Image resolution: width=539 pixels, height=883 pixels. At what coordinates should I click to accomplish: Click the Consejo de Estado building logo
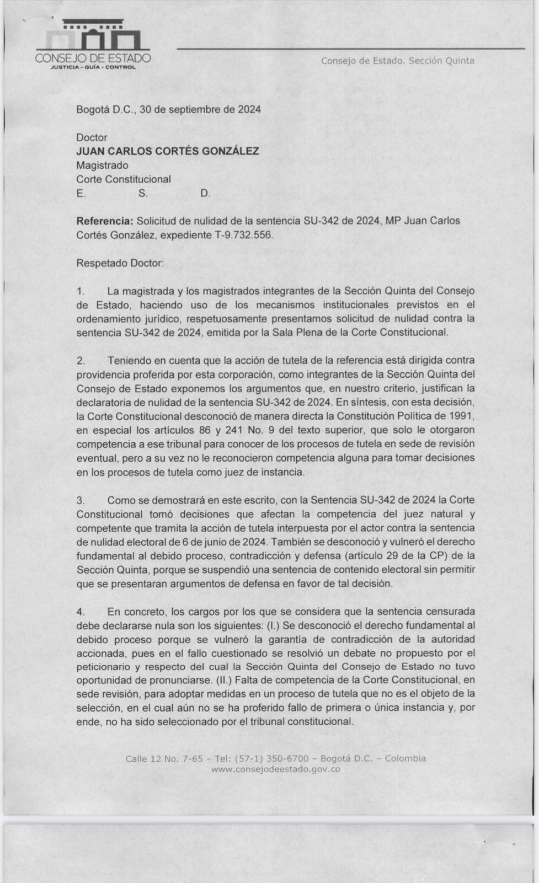[x=92, y=36]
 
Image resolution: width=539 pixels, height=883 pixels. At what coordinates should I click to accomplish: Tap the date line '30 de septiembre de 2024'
[x=200, y=109]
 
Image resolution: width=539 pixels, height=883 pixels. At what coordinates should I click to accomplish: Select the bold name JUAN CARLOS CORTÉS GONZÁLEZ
[x=167, y=151]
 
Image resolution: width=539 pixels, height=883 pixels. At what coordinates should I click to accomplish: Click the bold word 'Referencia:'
[x=104, y=221]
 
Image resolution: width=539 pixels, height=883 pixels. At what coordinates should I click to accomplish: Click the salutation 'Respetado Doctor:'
[x=120, y=263]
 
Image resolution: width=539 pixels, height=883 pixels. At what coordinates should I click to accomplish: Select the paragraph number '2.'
[x=81, y=360]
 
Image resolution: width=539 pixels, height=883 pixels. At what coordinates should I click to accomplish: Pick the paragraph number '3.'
[x=81, y=500]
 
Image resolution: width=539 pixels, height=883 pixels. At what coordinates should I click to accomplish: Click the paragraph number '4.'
[x=81, y=612]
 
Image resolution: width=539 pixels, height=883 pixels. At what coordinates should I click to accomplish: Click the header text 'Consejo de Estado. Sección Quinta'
[x=397, y=61]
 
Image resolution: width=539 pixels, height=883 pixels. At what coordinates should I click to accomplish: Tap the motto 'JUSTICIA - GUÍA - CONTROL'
[x=93, y=67]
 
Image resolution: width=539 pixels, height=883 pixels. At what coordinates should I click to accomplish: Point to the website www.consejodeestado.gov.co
[x=275, y=769]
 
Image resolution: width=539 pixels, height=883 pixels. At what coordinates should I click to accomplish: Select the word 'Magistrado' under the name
[x=102, y=165]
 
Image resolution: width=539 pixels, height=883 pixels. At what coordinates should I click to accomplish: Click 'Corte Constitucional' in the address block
[x=124, y=179]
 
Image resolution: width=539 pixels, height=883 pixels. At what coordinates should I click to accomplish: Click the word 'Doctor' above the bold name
[x=92, y=137]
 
